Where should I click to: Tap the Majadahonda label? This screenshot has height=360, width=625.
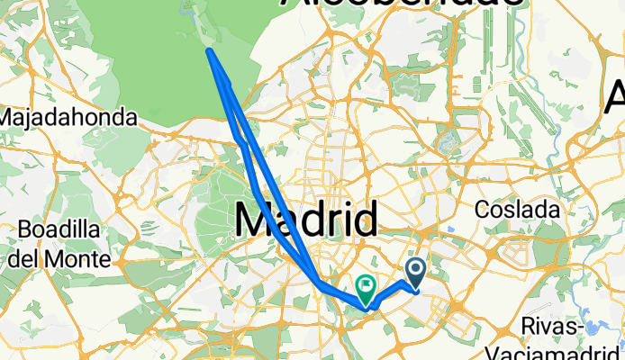(x=68, y=118)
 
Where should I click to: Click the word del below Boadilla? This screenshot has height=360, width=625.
(x=26, y=259)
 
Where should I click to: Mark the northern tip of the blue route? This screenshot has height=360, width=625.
(x=210, y=51)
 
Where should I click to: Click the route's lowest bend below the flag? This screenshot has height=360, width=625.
(x=366, y=308)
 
